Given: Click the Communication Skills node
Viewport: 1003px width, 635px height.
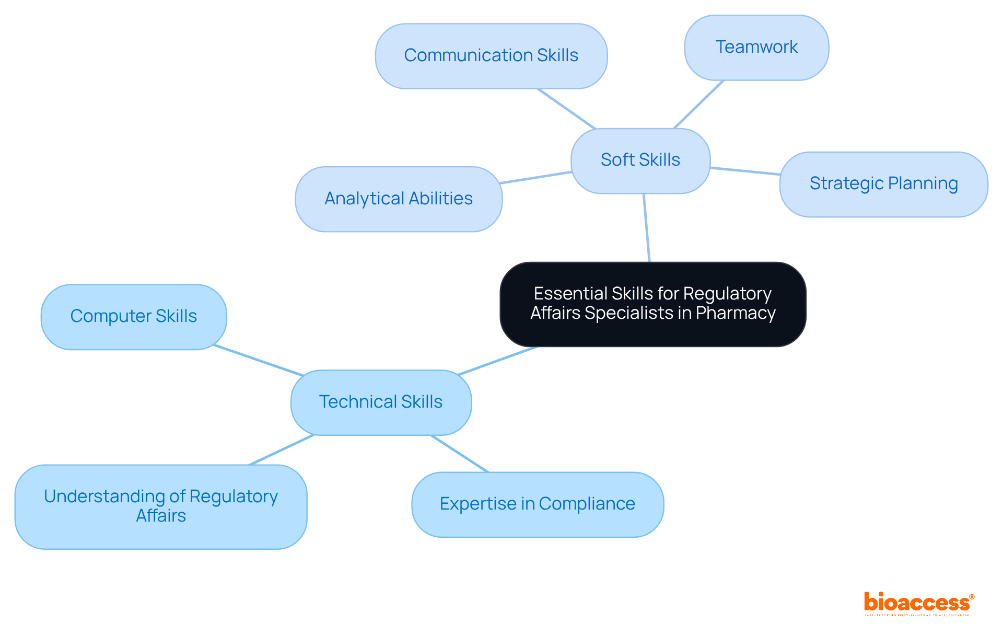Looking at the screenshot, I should click(491, 56).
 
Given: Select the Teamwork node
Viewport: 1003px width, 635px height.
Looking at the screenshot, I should click(756, 48).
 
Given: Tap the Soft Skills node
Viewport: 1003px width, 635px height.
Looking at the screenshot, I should click(640, 160).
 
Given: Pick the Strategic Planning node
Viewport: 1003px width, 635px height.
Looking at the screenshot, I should click(883, 184).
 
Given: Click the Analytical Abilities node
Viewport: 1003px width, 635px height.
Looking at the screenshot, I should click(399, 199).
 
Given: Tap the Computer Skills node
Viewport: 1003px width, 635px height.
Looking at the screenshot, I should click(134, 317).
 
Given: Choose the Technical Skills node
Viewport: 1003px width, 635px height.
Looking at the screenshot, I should click(381, 402).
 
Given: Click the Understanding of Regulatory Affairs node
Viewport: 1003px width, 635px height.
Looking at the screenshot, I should click(161, 506).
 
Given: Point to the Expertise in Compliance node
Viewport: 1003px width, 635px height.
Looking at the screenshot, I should click(538, 504).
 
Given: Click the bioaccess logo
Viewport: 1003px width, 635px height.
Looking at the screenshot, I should click(918, 603).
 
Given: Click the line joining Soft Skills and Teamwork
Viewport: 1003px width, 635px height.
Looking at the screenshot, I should click(699, 105).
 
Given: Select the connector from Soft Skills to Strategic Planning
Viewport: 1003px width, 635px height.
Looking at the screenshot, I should click(745, 171).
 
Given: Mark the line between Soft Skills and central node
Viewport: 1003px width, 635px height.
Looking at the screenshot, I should click(647, 228).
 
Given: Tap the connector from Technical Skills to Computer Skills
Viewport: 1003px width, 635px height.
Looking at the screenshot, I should click(259, 360).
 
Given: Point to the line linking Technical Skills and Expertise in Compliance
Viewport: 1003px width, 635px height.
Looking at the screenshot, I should click(459, 454).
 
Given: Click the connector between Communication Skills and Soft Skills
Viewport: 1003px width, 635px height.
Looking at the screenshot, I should click(566, 109).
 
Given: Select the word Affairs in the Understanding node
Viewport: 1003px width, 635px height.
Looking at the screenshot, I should click(161, 516).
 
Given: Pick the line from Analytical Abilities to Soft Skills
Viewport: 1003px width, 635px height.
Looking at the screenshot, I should click(536, 177).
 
